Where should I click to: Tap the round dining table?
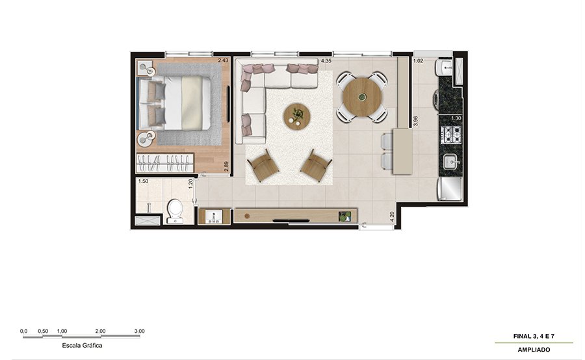pos(362,96)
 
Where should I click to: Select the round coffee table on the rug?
pos(296,116)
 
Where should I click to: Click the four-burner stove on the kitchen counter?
pos(451,135)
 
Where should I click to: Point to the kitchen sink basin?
pos(452,162)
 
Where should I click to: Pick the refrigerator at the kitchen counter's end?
pos(450,189)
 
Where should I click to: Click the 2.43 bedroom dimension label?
pos(223,60)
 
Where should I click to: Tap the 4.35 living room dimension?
pos(326,60)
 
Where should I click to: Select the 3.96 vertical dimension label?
pos(415,122)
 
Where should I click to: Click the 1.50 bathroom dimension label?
pos(143,181)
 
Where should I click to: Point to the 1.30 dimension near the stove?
pos(456,118)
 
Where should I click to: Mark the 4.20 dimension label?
pos(392,217)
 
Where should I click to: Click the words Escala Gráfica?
pos(82,346)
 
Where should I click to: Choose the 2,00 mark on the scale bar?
pos(100,331)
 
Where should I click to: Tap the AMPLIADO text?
pos(534,350)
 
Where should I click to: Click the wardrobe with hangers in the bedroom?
pos(165,162)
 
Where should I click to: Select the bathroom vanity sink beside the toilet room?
pos(214,216)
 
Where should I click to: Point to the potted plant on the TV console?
pos(344,216)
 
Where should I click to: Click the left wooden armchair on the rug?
pos(263,165)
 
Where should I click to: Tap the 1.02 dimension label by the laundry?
pos(418,61)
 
